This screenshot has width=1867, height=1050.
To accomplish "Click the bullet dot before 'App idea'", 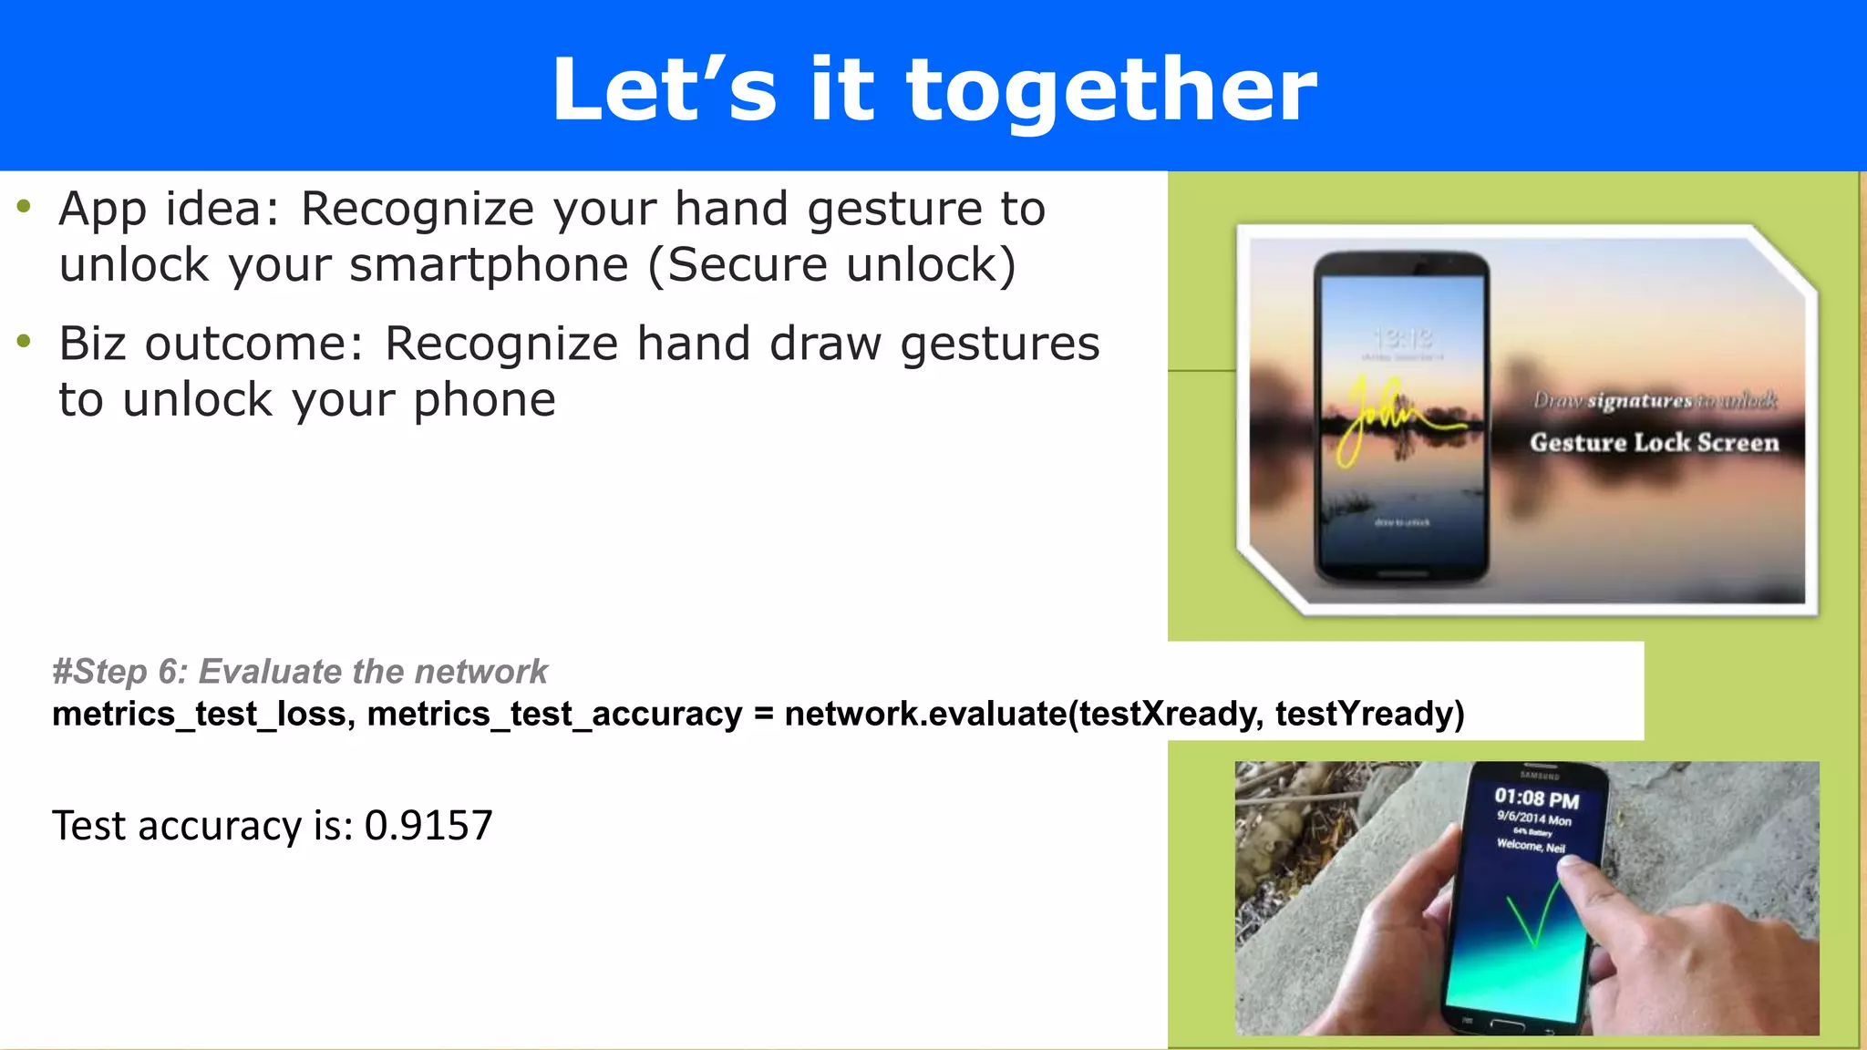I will pos(25,207).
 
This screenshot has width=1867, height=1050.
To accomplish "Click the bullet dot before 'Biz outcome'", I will pos(25,342).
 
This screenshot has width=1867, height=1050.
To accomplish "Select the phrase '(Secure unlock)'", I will pos(831,265).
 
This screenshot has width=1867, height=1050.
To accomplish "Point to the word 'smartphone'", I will pos(489,265).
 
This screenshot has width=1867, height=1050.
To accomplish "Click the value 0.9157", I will pos(428,826).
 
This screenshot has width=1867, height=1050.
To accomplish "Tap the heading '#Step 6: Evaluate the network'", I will pos(300,672).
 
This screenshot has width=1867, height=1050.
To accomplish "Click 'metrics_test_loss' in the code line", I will pos(199,714).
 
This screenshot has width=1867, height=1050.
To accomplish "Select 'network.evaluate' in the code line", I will pos(924,714).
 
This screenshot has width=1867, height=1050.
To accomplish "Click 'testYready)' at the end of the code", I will pos(1369,714).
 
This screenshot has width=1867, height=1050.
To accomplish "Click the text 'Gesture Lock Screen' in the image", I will pos(1654,443).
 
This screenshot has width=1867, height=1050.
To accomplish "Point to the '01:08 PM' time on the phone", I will pos(1536,798).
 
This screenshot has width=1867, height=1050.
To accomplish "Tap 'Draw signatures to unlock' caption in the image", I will pos(1655,401).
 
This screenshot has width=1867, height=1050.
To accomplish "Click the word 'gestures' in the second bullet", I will pos(1000,345).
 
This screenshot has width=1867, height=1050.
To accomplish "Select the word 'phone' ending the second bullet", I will pos(484,400).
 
